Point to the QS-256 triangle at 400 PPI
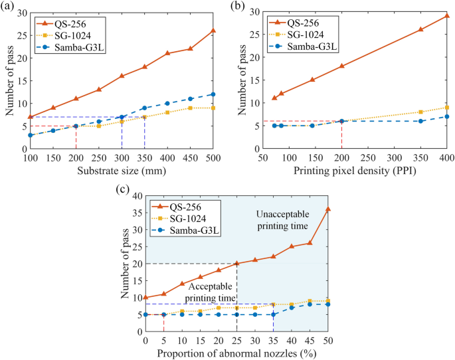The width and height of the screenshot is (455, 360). (x=447, y=15)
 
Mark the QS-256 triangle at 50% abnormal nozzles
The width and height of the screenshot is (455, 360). (x=328, y=209)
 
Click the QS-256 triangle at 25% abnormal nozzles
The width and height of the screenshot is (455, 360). (x=237, y=264)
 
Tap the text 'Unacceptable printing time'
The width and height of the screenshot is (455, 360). (x=282, y=221)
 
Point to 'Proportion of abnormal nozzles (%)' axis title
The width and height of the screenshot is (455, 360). (x=236, y=353)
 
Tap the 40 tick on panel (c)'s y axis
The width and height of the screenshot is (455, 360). (x=137, y=196)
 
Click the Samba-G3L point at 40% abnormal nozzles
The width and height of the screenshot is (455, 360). (x=292, y=308)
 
